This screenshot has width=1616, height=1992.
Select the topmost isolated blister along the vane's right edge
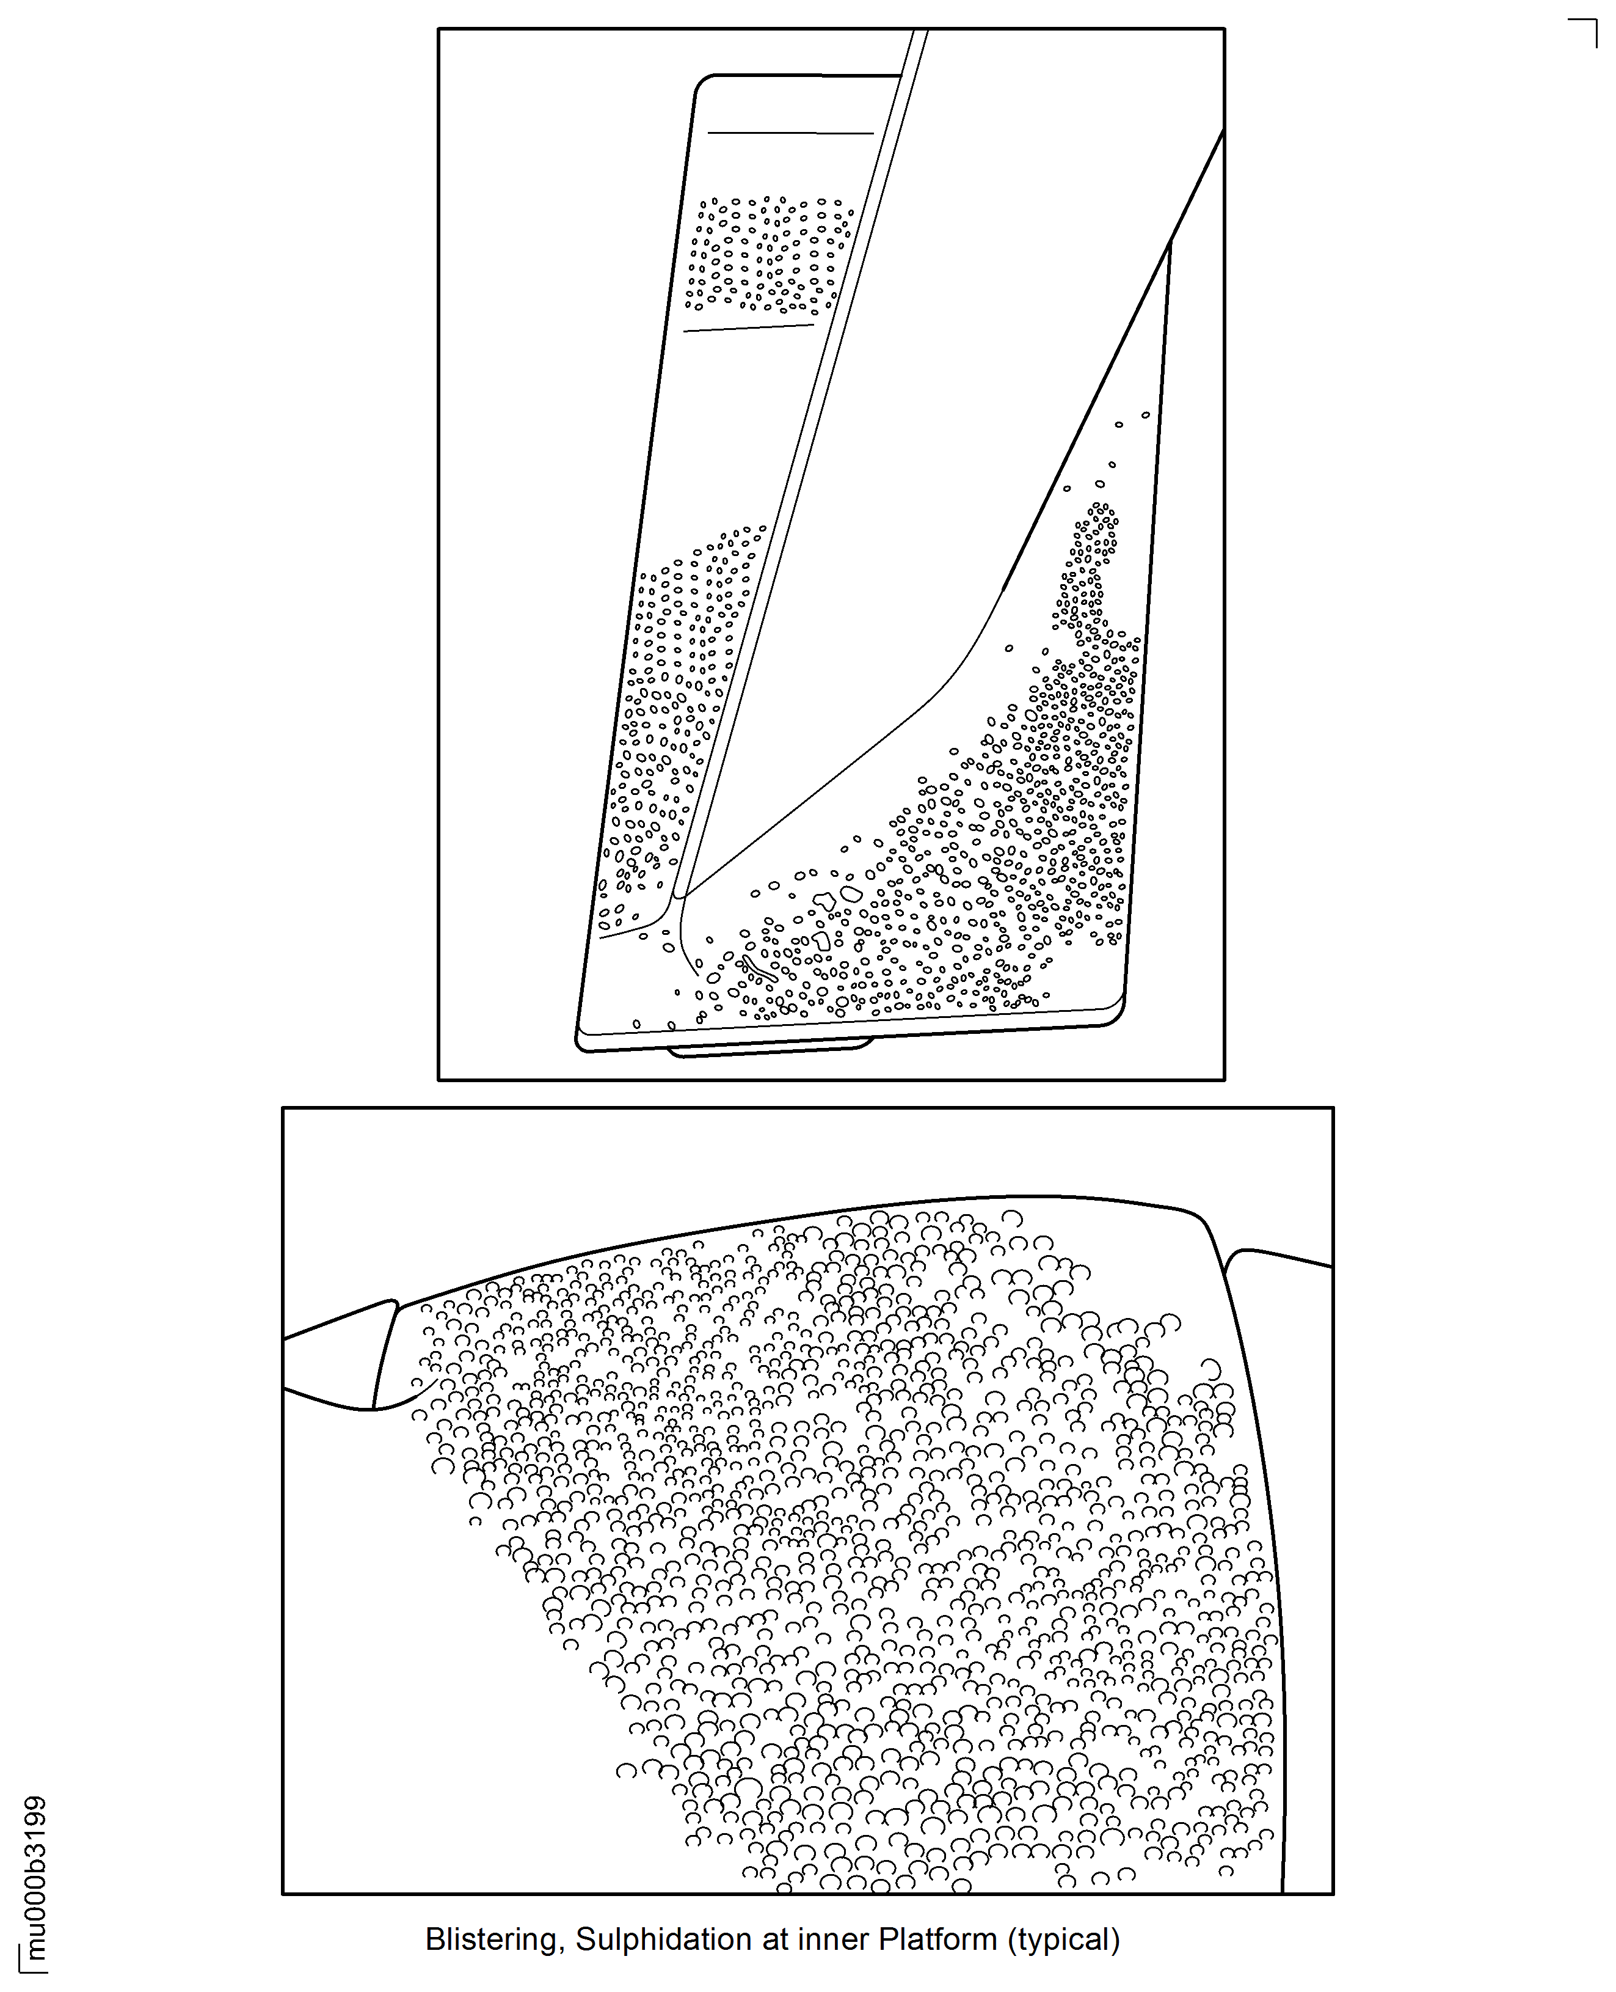(x=1146, y=414)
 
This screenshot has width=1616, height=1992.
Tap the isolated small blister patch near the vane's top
(x=770, y=254)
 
